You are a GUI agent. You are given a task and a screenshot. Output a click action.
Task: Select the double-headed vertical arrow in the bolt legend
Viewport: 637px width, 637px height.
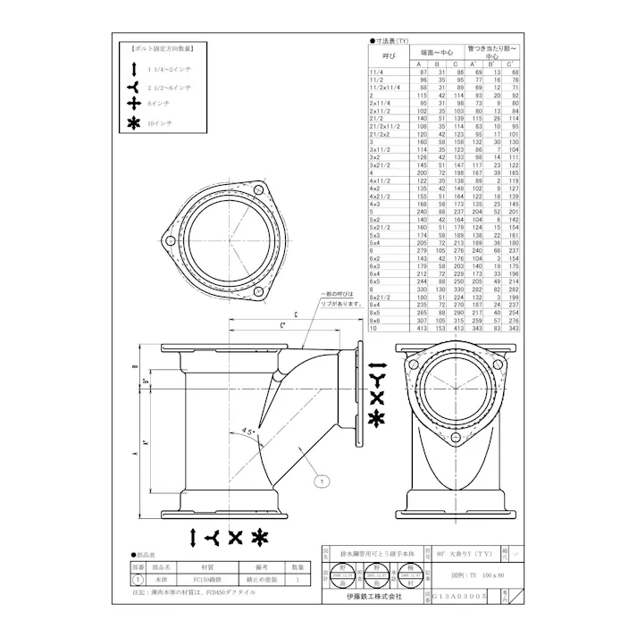(134, 68)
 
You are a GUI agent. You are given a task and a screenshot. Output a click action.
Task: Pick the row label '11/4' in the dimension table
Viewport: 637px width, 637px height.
(377, 71)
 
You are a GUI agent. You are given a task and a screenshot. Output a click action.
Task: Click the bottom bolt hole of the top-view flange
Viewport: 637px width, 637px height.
(256, 294)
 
